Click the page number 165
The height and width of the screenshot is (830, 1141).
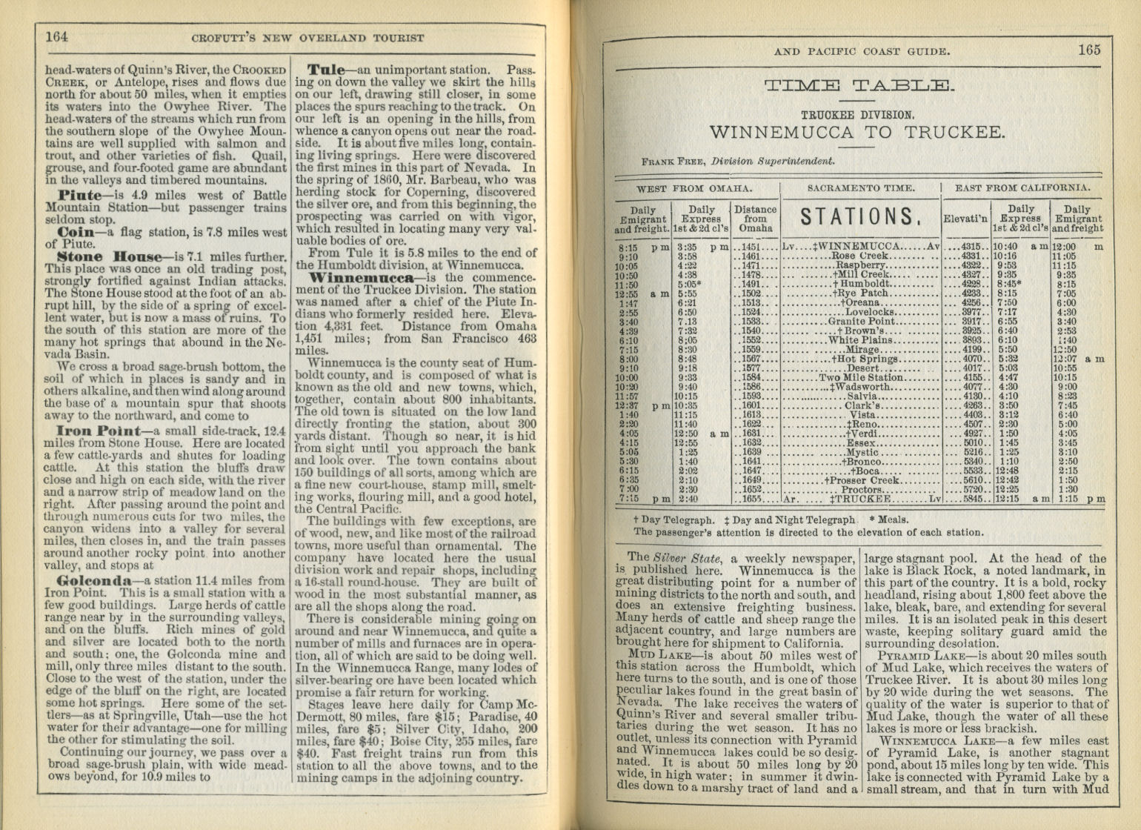coord(1089,50)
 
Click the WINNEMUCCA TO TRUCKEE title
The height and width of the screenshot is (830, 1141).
coord(857,133)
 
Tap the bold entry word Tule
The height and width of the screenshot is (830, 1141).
coord(326,70)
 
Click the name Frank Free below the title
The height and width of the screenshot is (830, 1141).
coord(674,161)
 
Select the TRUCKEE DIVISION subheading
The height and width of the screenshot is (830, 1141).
coord(857,115)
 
